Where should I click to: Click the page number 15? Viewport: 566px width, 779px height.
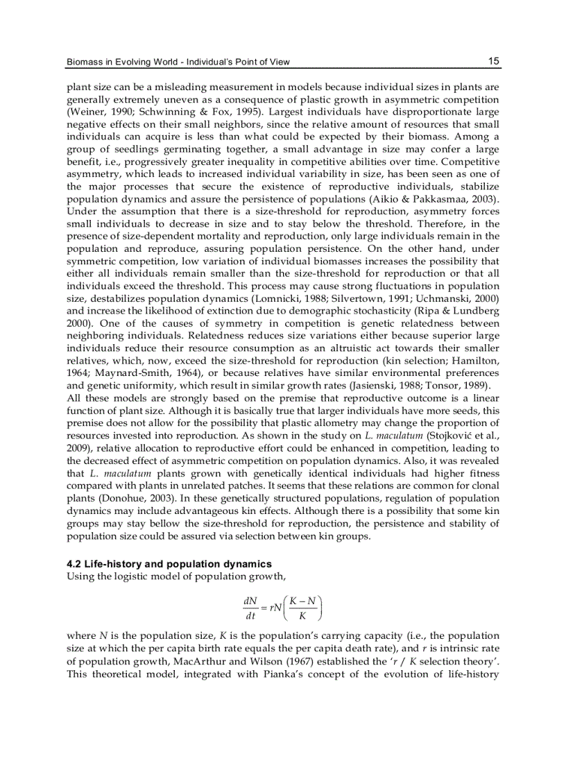pyautogui.click(x=493, y=61)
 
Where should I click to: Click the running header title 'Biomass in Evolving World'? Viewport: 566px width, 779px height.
pyautogui.click(x=123, y=62)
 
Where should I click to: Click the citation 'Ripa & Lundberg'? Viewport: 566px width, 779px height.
pyautogui.click(x=462, y=312)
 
